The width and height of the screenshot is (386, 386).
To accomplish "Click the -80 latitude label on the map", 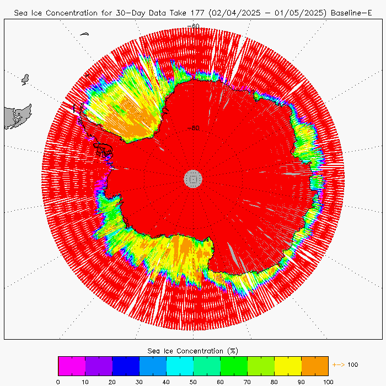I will point(193,128).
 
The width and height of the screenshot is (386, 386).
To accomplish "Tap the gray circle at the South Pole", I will point(193,178).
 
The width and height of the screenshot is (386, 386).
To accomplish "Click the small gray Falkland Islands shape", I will point(25,79).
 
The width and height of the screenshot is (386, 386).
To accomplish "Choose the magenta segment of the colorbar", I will point(72,366).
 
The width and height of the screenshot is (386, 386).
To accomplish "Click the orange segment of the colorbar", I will point(315,366).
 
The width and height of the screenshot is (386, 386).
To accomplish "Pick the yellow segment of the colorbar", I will point(288,366).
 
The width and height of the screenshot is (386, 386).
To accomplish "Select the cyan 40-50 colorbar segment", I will point(180,366).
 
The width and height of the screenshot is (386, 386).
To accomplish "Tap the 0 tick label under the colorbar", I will point(58,381).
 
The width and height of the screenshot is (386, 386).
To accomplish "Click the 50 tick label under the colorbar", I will point(193,381).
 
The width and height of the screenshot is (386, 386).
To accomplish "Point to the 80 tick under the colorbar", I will point(274,381).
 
